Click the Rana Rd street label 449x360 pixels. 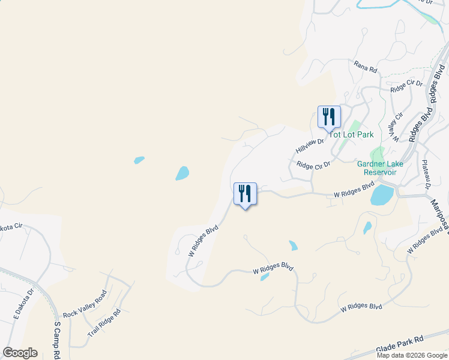(365, 66)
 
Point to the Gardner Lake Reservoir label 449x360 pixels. (381, 167)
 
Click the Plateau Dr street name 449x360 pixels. (426, 175)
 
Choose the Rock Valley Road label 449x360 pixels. (84, 305)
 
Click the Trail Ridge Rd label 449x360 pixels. (104, 323)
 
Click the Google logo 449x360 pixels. (20, 353)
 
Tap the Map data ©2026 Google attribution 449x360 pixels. (412, 355)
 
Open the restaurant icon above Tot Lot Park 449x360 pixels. (329, 116)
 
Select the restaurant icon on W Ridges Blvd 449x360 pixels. (245, 193)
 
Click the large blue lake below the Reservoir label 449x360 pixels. (382, 195)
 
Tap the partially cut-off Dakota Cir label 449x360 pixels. (11, 227)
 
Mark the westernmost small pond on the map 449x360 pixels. (139, 160)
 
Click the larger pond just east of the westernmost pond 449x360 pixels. (182, 173)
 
